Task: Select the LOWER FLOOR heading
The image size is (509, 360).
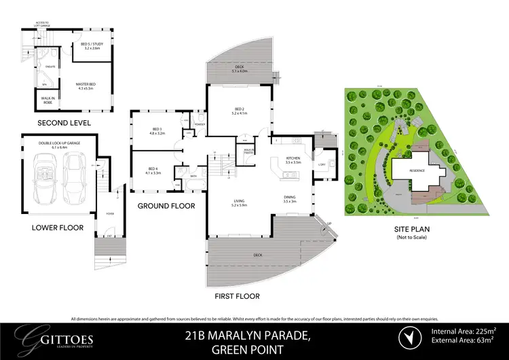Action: coord(57,228)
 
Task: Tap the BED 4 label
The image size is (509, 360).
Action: coord(153,172)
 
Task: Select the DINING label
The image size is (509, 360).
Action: coord(290,200)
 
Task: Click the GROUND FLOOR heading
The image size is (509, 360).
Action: coord(166,206)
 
